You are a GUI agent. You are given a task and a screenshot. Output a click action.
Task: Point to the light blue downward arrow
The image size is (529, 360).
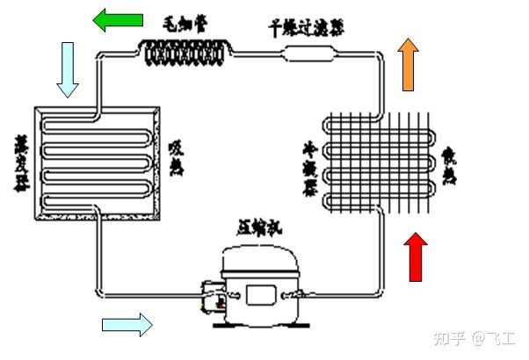(69, 69)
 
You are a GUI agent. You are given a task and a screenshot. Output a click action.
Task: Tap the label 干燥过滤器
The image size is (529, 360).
(306, 25)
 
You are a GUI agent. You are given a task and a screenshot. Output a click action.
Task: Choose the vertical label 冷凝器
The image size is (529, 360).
(310, 168)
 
